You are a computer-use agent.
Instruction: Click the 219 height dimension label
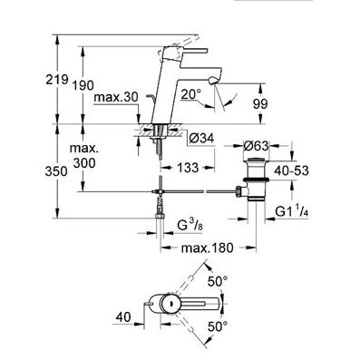point(56,80)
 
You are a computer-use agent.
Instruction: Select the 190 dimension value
point(83,85)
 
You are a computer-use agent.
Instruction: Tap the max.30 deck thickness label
point(116,97)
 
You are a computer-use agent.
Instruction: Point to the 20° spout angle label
point(191,95)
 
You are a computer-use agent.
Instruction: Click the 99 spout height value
point(260,104)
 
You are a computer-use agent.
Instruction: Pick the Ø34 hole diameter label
point(201,139)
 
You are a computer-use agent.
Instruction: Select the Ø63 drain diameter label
point(256,146)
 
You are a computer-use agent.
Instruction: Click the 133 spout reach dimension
point(188,168)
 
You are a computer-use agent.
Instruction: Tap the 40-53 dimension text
point(291,170)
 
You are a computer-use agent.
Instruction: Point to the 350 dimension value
point(56,171)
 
